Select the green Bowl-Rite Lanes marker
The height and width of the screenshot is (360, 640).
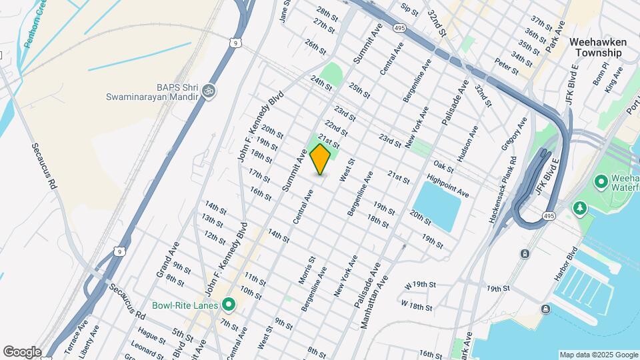click(x=229, y=305)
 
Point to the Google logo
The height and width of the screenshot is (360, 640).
click(x=22, y=351)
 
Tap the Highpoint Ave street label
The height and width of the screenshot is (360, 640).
click(x=448, y=186)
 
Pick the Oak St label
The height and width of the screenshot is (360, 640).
click(x=443, y=164)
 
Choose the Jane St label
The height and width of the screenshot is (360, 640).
click(x=285, y=11)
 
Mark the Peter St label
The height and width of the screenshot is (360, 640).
click(x=506, y=65)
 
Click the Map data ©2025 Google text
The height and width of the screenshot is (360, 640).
click(x=597, y=355)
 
